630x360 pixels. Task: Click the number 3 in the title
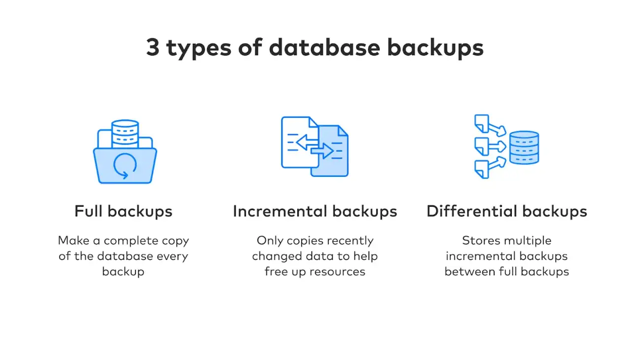point(153,47)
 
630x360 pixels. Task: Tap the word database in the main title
point(324,47)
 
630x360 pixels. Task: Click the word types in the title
point(199,49)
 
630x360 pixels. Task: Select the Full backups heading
point(123,211)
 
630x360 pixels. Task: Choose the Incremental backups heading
point(315,211)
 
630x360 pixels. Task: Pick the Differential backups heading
point(507,211)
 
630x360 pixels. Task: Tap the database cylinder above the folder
point(125,134)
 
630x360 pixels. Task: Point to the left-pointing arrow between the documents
point(307,142)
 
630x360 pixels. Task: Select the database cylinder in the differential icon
point(524,147)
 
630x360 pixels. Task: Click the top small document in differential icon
point(482,123)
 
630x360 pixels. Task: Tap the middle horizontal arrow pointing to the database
point(498,146)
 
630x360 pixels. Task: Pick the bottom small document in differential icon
point(482,169)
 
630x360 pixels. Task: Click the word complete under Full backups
point(131,241)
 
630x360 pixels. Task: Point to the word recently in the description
point(350,241)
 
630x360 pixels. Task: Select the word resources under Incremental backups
point(337,272)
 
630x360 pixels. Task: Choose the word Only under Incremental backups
point(270,241)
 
